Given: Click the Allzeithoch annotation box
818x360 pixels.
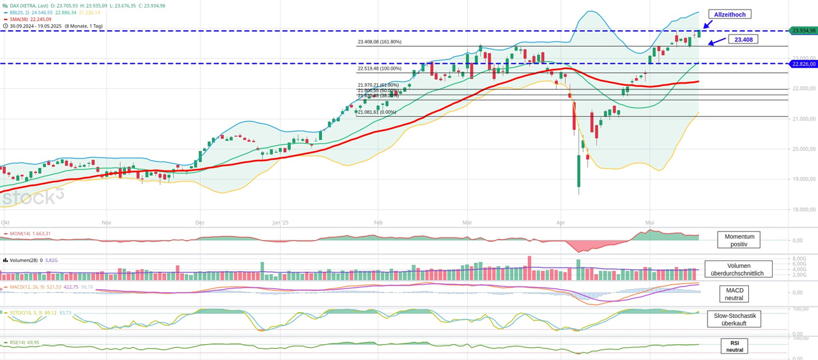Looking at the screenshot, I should coord(729,14).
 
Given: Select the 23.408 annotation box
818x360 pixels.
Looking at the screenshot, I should coord(743,40).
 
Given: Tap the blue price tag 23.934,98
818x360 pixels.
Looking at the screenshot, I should coord(804,31).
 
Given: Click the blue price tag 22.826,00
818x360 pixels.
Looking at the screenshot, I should coord(804,64).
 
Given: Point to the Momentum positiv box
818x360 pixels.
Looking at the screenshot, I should coord(738,240).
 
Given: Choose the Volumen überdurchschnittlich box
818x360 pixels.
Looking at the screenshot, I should coord(738,269).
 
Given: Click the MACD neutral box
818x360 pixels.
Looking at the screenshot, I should coord(734,294).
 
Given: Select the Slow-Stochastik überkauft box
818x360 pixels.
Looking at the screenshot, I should coord(734,319).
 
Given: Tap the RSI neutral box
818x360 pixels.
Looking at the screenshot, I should coord(734,346).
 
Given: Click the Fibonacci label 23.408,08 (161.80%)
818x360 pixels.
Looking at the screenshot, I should coord(380,42).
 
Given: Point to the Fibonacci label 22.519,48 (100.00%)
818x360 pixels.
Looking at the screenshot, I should coord(380,68).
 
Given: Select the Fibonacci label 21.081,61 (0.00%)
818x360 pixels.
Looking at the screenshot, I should coord(377,112).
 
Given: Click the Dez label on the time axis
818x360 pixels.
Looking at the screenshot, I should coord(200,223).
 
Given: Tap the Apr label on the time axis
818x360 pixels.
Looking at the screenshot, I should coord(560,223).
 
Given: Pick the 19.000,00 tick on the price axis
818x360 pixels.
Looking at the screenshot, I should coord(803,179).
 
